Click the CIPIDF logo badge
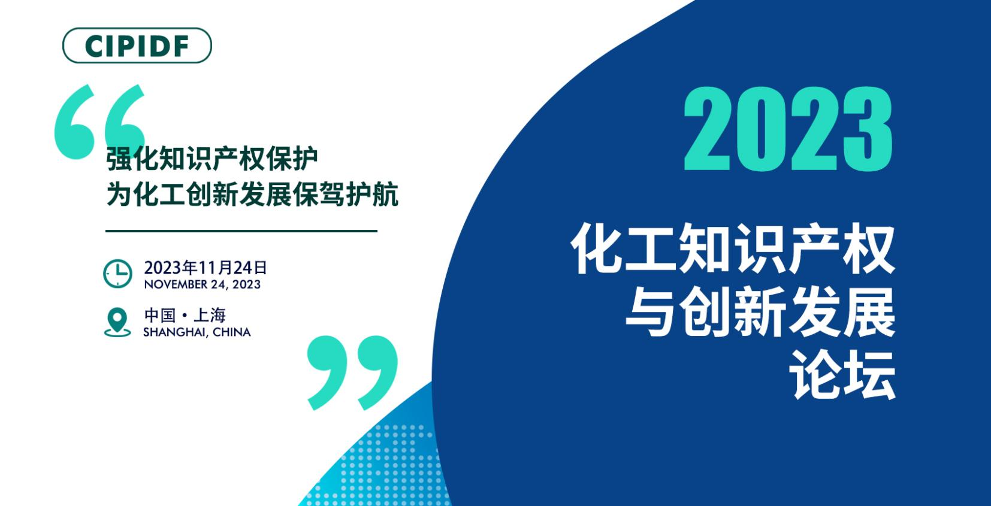pos(137,46)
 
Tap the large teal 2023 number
pos(788,129)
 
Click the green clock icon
pos(117,274)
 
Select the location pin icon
pos(117,322)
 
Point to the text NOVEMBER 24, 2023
pos(203,284)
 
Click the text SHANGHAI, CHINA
pos(197,332)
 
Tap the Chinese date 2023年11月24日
pos(206,268)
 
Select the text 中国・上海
pos(185,316)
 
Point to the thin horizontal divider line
pos(241,231)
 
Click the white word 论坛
pos(843,375)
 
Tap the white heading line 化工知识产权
pos(733,249)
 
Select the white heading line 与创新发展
pos(761,312)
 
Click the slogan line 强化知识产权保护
pos(212,158)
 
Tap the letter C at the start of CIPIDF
pos(96,46)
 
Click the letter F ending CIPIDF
pos(182,46)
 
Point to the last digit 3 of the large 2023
pos(866,129)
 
